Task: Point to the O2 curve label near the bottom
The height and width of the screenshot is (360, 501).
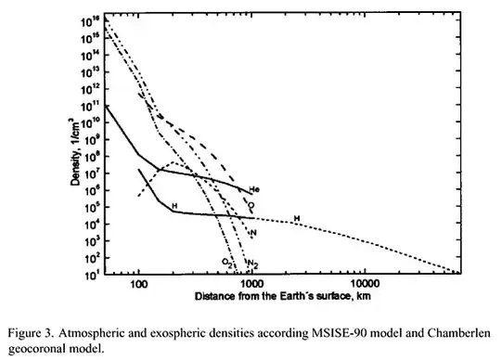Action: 226,264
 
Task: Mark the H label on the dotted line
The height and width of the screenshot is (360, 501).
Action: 297,219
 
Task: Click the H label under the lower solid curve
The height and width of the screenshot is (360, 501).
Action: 173,204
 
